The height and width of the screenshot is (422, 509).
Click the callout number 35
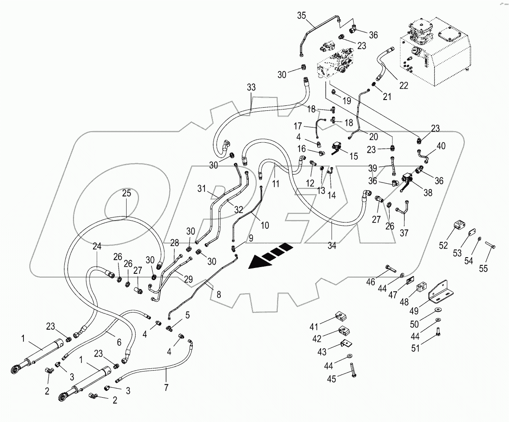tap(301, 16)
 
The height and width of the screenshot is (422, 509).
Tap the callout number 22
tap(404, 86)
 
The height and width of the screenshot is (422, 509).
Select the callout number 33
tap(251, 87)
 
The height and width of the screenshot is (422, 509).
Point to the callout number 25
tap(127, 193)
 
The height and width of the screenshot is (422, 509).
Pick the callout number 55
tap(483, 268)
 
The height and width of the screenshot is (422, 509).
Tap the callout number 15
tap(354, 156)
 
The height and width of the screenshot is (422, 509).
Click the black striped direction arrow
tap(270, 256)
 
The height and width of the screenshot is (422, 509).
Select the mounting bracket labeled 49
tap(439, 289)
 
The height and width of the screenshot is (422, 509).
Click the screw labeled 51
tap(439, 334)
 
